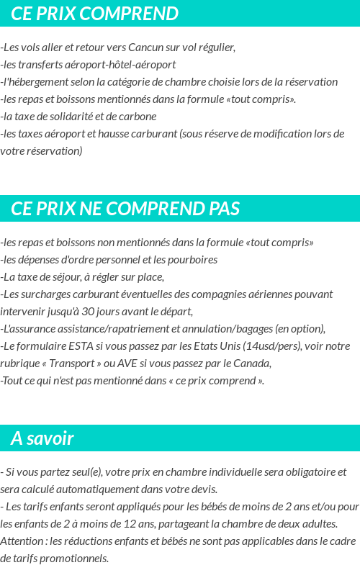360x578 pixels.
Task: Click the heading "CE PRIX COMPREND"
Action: (94, 14)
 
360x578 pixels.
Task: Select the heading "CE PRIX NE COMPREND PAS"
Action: (125, 209)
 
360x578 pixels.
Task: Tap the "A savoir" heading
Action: (42, 438)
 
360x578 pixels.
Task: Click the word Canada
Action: (252, 363)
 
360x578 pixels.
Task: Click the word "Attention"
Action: (22, 541)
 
